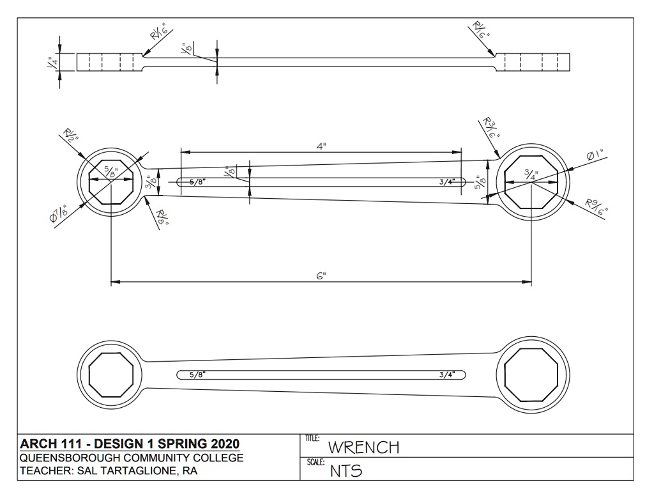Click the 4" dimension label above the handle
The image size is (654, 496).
[x=321, y=146]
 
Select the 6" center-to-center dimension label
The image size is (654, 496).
[x=321, y=276]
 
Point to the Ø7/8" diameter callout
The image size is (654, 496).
[x=58, y=213]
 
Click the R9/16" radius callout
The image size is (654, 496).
[x=597, y=207]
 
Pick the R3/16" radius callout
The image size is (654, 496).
[x=492, y=128]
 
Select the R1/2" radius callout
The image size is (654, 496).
[x=71, y=136]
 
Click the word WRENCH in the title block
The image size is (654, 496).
[x=363, y=447]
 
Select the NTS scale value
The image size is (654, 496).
[x=346, y=471]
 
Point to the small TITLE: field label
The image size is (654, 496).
[x=312, y=438]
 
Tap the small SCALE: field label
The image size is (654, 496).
[x=316, y=462]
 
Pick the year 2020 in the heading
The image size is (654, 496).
[x=225, y=444]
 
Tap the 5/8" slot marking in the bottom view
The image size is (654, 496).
[x=198, y=375]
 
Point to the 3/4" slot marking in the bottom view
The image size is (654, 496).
[x=446, y=375]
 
